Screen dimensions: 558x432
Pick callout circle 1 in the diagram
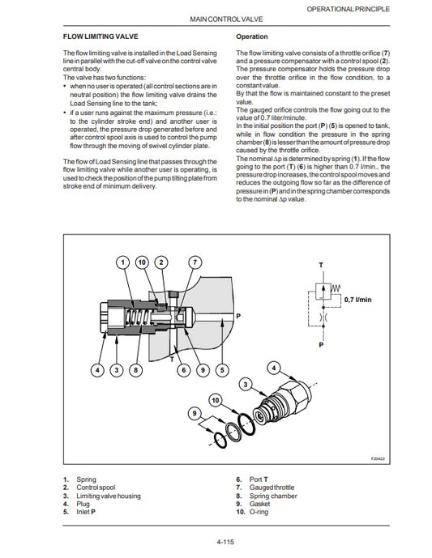[x=122, y=262]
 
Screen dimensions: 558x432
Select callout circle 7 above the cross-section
[x=195, y=262]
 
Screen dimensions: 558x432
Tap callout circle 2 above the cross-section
[x=160, y=262]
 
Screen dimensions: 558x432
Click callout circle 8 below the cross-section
[x=135, y=370]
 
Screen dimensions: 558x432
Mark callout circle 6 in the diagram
[x=182, y=370]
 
